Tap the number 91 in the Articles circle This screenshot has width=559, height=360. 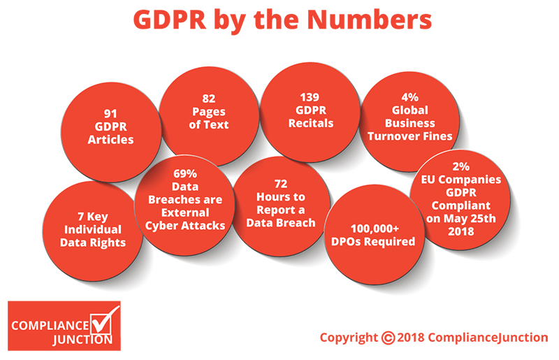110,111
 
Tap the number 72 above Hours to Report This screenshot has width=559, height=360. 281,183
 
